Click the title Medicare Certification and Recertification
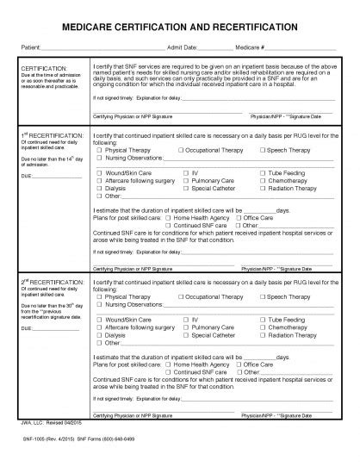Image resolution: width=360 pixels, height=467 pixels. point(180,28)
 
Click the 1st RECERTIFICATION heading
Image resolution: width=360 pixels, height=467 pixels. point(53,136)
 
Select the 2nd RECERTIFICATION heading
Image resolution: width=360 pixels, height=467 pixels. point(53,281)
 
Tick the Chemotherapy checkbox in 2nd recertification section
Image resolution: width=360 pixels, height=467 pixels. point(262,327)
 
